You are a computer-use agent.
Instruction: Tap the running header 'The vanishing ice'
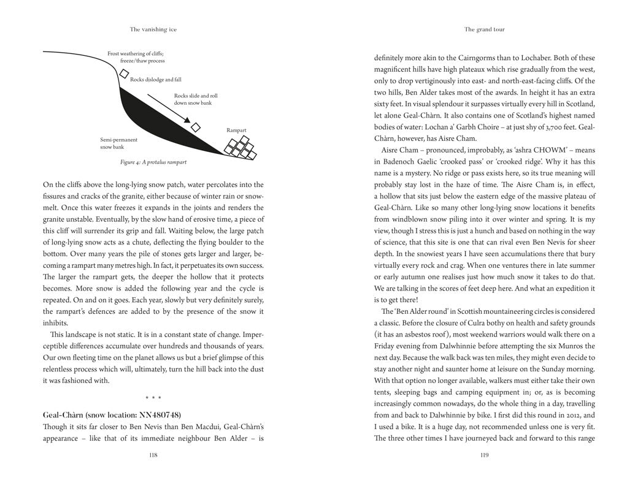[x=153, y=29]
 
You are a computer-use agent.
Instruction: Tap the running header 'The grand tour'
[x=485, y=29]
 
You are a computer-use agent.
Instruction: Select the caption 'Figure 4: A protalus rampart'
[x=153, y=162]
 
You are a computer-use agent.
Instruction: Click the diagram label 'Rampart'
[x=236, y=131]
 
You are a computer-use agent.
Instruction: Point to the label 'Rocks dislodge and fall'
[x=156, y=80]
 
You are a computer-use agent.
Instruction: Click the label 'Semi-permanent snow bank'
[x=114, y=143]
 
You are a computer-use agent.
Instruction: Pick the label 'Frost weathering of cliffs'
[x=136, y=54]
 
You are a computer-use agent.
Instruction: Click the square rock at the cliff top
[x=124, y=74]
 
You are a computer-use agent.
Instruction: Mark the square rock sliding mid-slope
[x=196, y=127]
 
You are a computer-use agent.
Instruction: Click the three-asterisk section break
[x=153, y=398]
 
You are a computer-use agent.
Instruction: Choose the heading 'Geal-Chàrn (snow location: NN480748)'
[x=112, y=415]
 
